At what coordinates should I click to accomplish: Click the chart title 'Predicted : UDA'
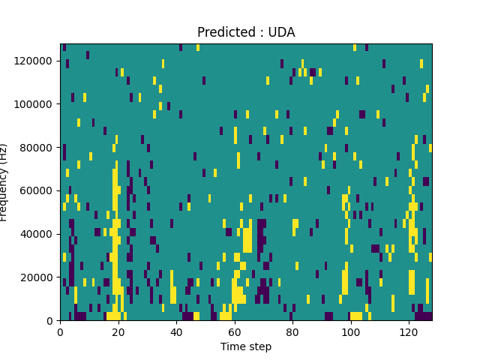click(x=246, y=32)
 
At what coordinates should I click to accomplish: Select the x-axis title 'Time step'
click(x=246, y=346)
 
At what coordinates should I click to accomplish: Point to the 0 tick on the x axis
click(x=60, y=331)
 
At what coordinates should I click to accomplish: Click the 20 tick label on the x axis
click(x=118, y=331)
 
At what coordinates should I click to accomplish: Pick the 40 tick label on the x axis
click(x=176, y=331)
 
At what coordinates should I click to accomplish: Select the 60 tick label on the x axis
click(x=234, y=331)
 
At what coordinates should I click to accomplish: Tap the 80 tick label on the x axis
click(x=292, y=331)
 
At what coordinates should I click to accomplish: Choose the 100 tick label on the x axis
click(x=350, y=331)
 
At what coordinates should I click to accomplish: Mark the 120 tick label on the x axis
click(x=409, y=331)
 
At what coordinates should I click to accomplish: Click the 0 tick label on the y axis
click(x=50, y=321)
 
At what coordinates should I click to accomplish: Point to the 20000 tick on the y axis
click(x=38, y=277)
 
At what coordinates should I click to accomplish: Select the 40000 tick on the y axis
click(x=38, y=234)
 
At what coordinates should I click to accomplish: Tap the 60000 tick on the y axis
click(x=38, y=190)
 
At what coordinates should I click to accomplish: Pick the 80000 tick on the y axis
click(x=38, y=148)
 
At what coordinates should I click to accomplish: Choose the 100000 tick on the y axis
click(x=36, y=104)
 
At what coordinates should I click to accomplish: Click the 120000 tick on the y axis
click(x=36, y=61)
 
